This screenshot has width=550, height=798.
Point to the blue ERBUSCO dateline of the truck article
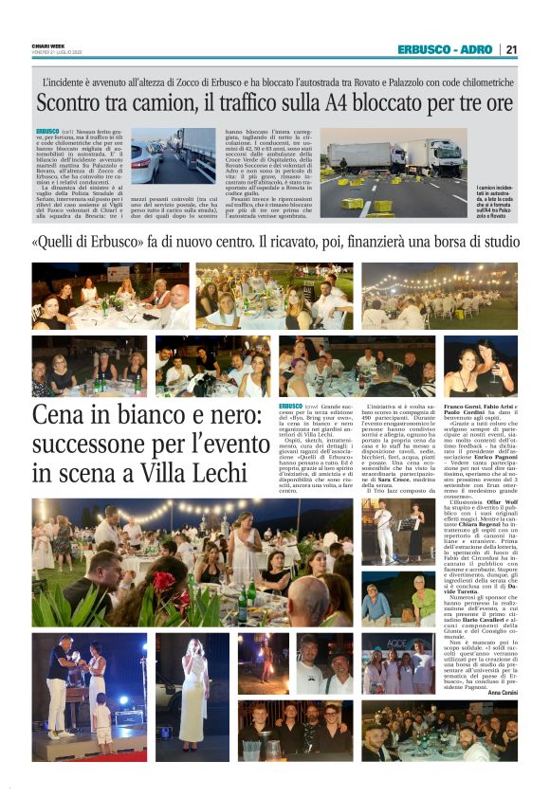[46, 131]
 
